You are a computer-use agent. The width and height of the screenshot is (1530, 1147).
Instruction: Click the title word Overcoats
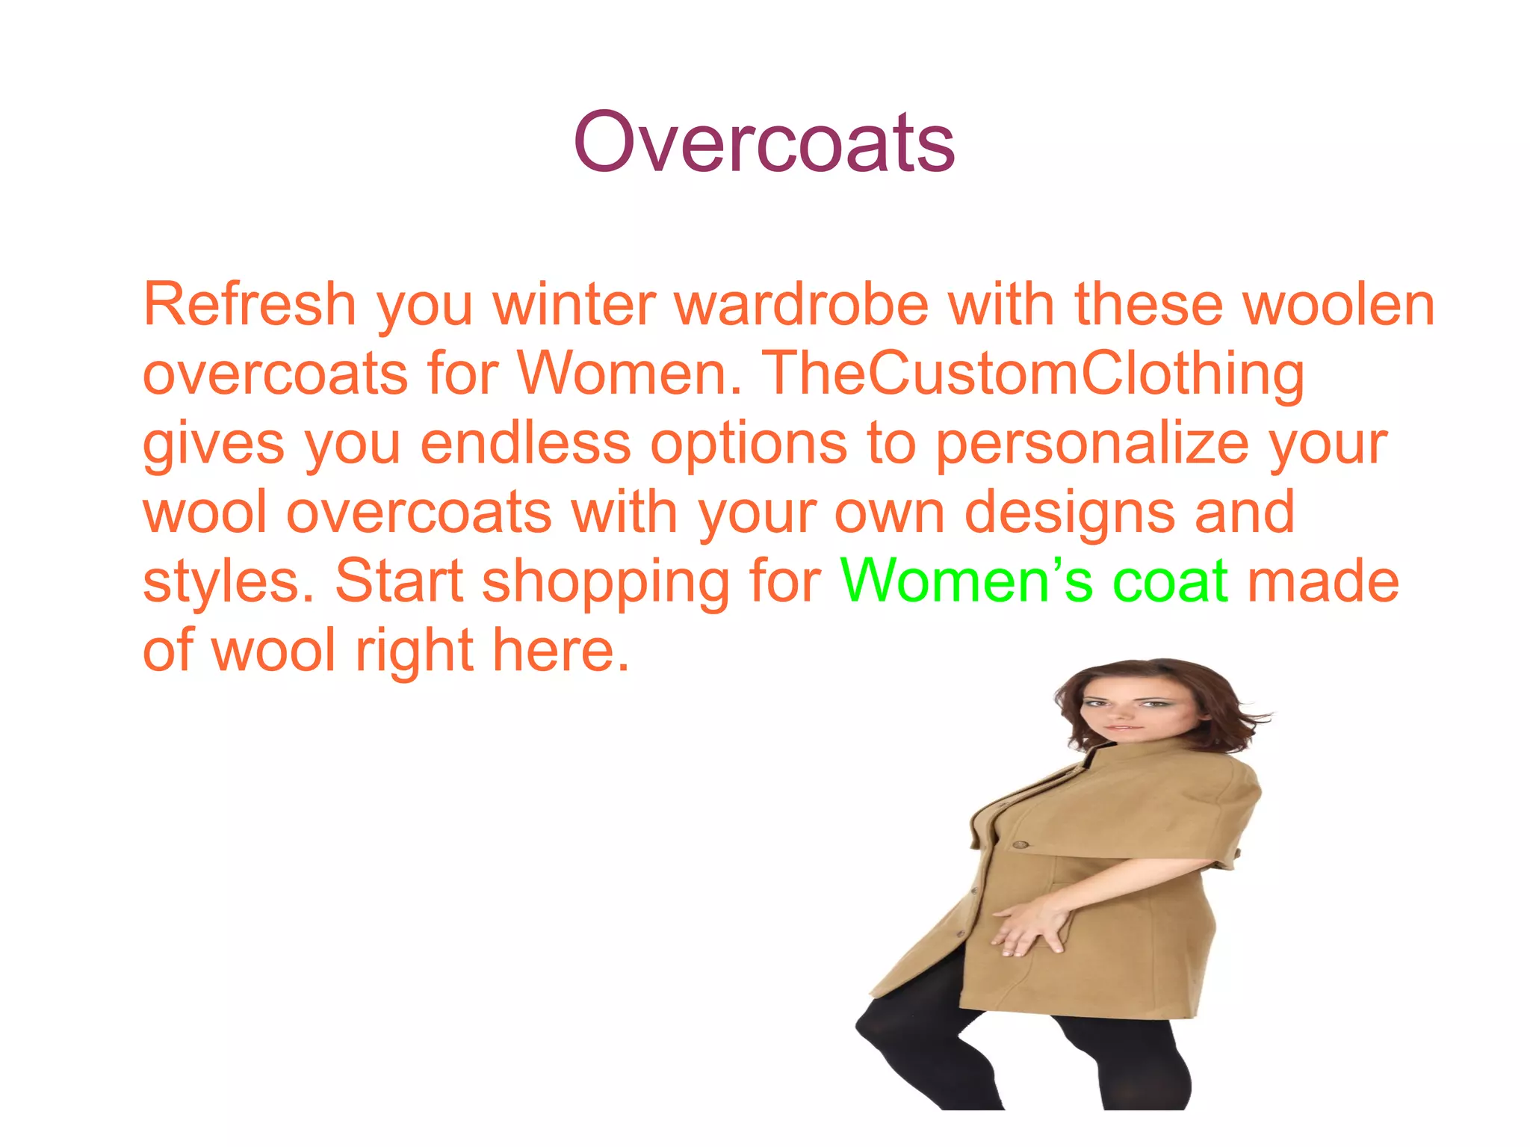pos(764,142)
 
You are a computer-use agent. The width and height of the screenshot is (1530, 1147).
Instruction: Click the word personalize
pos(1092,444)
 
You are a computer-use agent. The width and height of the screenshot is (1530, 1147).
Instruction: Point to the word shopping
pos(605,583)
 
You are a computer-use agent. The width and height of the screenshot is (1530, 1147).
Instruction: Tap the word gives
pos(214,444)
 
